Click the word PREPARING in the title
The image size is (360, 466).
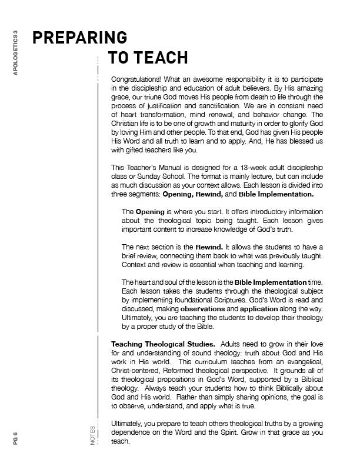pyautogui.click(x=79, y=37)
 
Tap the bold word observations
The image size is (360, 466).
pyautogui.click(x=202, y=308)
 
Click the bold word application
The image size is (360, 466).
pyautogui.click(x=261, y=308)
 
